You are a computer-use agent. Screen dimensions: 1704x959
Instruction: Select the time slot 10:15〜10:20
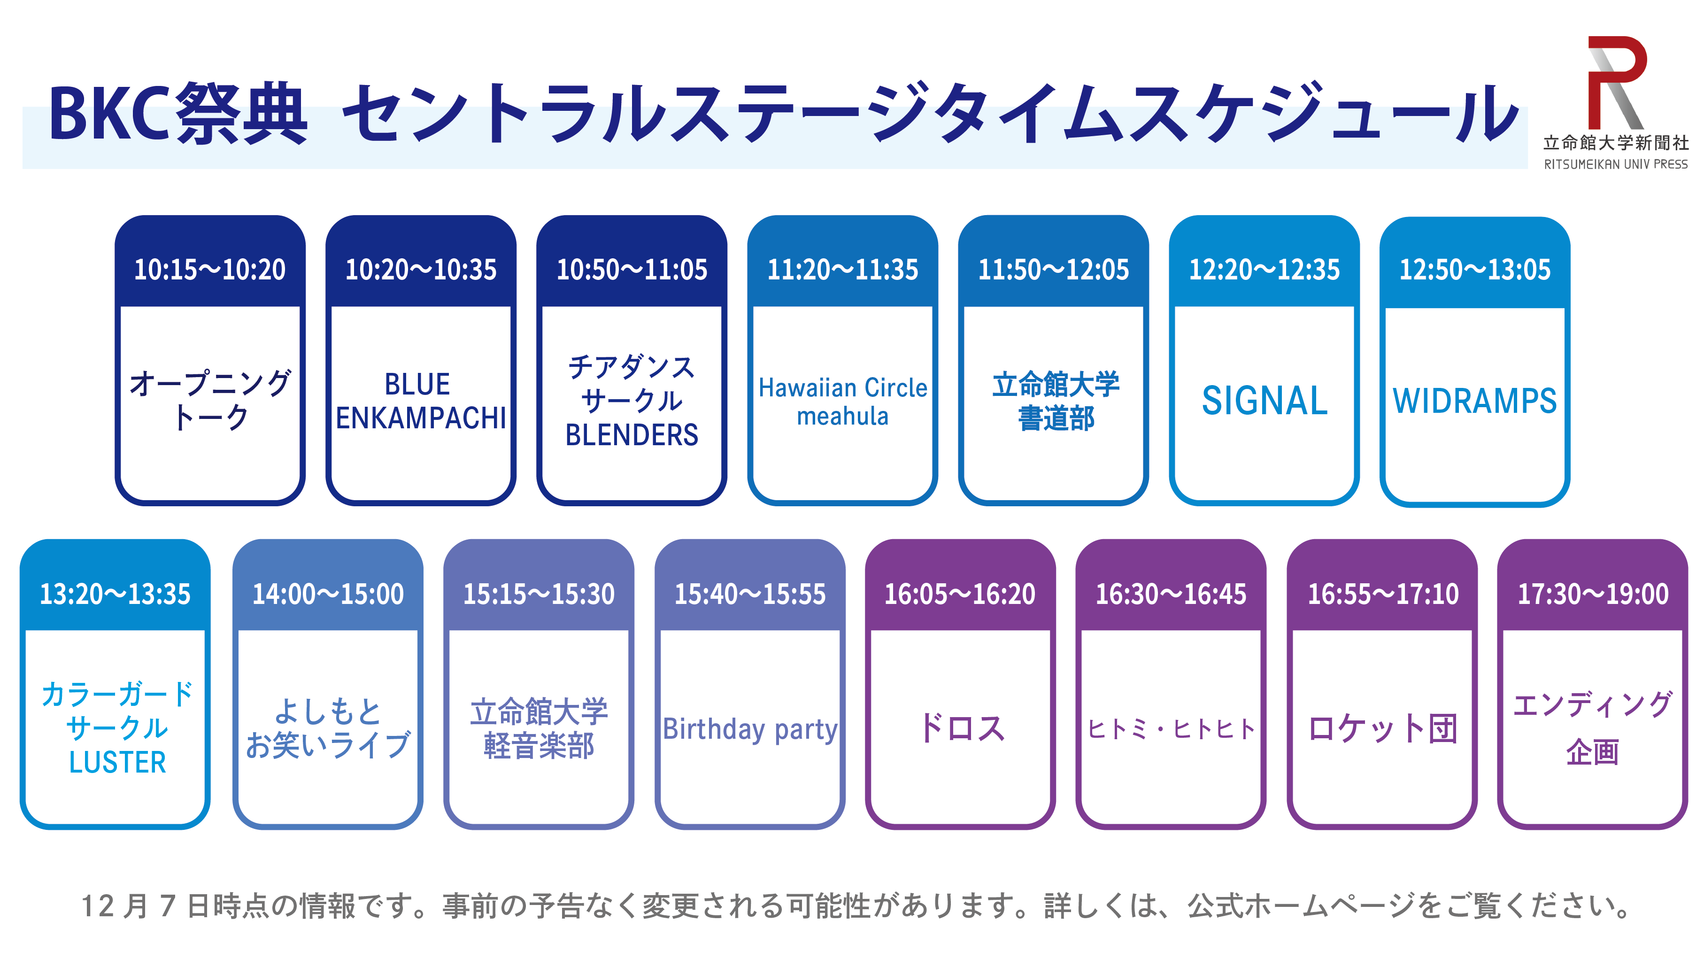pos(210,270)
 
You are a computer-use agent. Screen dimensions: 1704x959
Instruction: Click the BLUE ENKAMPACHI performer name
pos(421,401)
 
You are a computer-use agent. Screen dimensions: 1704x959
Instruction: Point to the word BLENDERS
pos(632,435)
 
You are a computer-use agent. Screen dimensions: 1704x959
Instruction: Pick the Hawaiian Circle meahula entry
pos(843,402)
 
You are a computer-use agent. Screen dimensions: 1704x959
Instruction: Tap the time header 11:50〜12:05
pos(1053,270)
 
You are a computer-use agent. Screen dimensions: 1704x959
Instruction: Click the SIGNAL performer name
pos(1265,401)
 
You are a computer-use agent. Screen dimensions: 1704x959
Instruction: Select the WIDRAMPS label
pos(1475,401)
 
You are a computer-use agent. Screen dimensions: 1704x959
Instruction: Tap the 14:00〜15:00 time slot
pos(328,594)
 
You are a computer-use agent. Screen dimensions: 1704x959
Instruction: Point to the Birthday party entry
pos(750,729)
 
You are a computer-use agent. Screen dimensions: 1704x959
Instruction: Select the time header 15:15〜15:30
pos(539,594)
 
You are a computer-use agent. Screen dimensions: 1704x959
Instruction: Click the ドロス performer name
pos(961,728)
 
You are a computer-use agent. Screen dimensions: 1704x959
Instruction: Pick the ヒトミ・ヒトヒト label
pos(1171,729)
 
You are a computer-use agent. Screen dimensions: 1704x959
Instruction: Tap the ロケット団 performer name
pos(1382,729)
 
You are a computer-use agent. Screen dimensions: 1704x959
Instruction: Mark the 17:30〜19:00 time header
pos(1593,594)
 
